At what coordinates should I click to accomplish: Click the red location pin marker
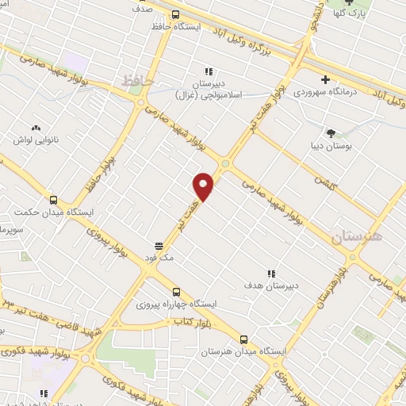point(204,186)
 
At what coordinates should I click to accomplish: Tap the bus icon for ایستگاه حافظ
point(175,13)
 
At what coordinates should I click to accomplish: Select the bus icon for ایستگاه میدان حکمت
point(53,200)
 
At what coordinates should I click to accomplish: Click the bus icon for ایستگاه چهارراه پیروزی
point(176,292)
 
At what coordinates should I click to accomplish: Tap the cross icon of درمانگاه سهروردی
point(326,79)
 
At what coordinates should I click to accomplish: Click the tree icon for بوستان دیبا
point(331,133)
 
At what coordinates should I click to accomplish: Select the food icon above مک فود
point(159,246)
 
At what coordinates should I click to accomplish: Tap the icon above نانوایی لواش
point(36,127)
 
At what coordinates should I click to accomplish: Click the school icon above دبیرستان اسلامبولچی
point(209,71)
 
